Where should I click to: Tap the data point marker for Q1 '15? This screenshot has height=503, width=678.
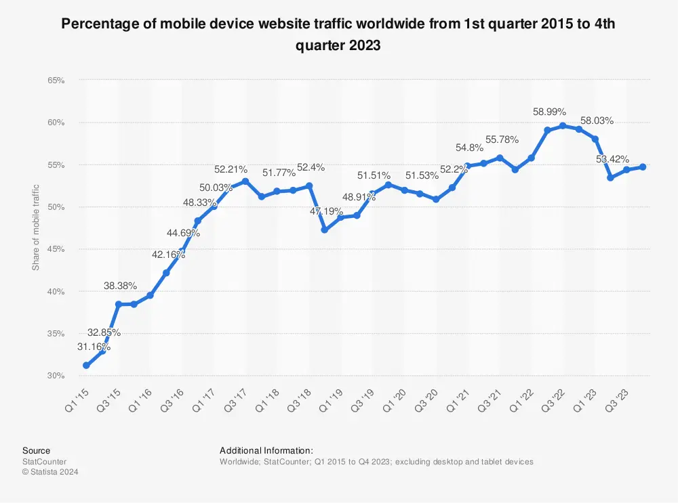86,366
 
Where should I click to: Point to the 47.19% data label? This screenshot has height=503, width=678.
326,211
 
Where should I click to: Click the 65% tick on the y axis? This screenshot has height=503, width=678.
56,80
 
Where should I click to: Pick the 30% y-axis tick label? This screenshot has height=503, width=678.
56,376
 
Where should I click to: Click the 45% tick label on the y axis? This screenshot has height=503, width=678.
56,249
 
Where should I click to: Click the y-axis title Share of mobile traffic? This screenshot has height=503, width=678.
36,227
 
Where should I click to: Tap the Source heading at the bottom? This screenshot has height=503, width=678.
36,450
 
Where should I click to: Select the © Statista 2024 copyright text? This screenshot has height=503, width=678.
50,472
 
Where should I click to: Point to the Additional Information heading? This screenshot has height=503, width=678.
266,450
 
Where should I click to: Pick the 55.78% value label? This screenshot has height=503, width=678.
500,139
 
